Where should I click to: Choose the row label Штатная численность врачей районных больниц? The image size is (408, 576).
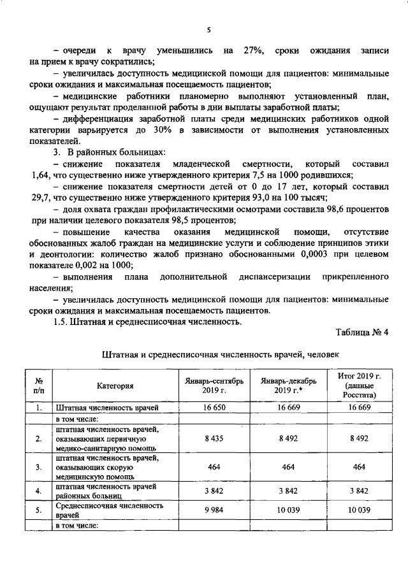click(x=106, y=491)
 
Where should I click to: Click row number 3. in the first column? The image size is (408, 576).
click(x=38, y=467)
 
